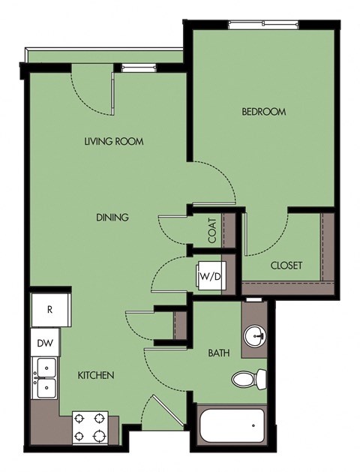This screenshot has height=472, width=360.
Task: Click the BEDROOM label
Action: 263,112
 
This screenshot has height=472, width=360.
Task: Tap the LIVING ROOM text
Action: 113,141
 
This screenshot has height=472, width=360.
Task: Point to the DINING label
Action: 113,218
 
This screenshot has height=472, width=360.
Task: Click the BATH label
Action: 218,350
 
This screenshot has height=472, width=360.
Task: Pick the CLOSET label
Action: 286,266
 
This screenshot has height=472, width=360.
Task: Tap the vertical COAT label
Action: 213,230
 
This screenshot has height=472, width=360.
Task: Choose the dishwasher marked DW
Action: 44,343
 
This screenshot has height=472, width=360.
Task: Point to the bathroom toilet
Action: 247,379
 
